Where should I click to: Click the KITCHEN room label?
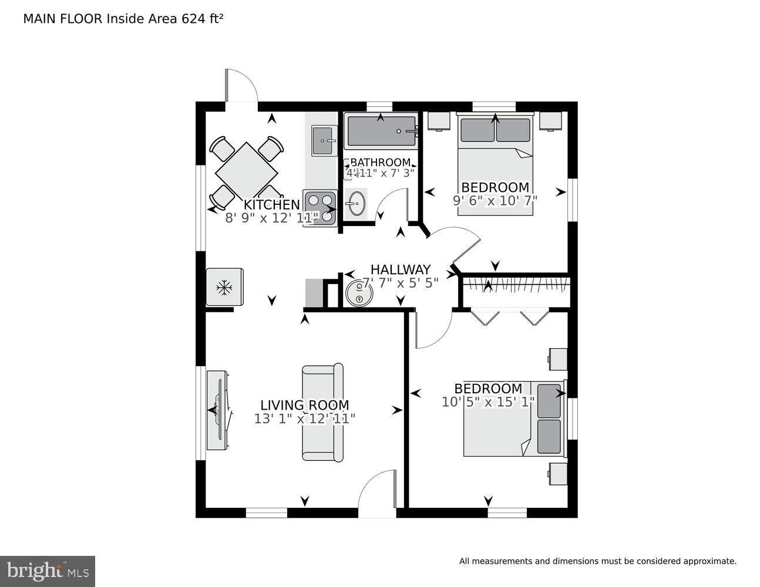271,205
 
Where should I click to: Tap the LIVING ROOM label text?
304,405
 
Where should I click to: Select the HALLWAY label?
400,269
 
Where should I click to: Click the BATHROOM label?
380,163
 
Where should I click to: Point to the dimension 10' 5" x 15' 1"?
488,402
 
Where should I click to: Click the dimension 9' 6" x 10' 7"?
495,200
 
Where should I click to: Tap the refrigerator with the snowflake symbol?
224,287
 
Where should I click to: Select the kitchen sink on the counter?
323,140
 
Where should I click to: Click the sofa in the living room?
322,412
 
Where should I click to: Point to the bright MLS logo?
47,571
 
